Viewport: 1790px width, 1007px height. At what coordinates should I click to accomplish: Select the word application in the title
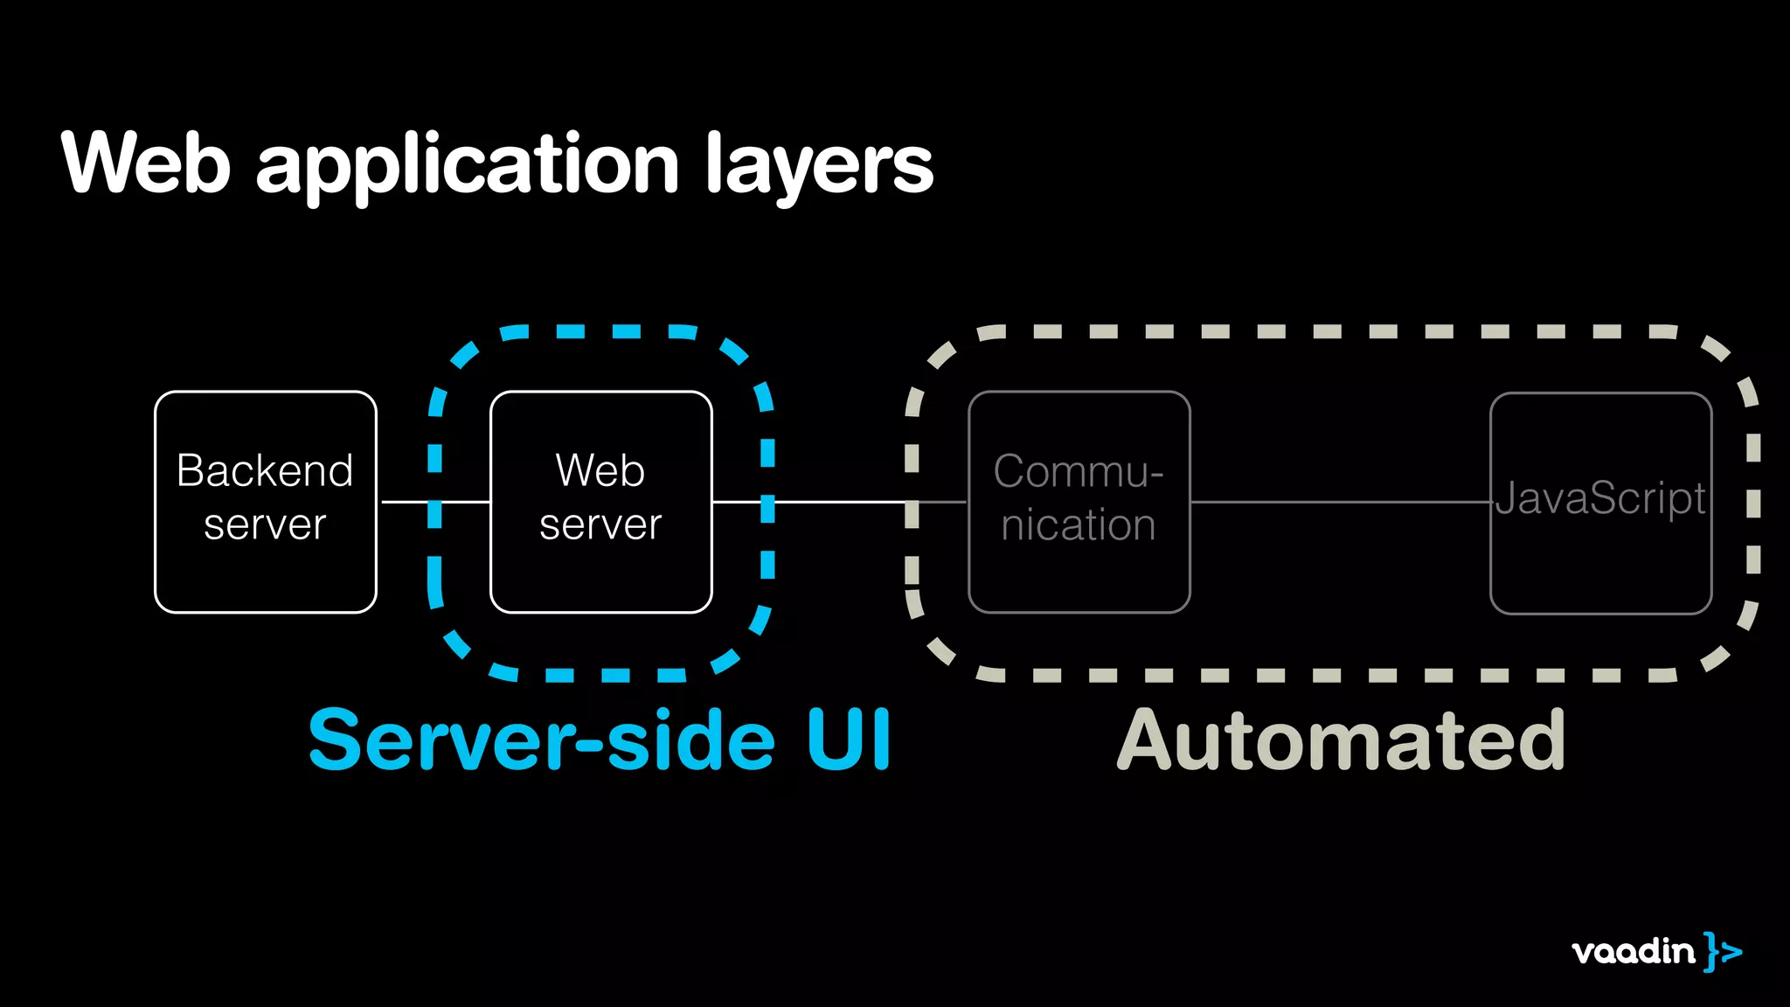tap(468, 166)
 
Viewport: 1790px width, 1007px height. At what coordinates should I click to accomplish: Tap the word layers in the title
tap(819, 166)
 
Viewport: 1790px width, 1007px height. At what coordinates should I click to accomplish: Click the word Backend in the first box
tap(265, 471)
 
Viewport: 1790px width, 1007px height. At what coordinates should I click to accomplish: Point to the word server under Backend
tap(265, 525)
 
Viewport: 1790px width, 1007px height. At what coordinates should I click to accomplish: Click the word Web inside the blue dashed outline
tap(600, 471)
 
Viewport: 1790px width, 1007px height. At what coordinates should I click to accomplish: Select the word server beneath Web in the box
tap(600, 525)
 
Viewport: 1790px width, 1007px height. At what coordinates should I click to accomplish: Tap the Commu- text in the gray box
tap(1078, 472)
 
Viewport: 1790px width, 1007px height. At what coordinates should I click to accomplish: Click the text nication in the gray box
tap(1078, 525)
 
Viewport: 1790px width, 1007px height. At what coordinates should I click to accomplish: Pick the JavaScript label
tap(1599, 498)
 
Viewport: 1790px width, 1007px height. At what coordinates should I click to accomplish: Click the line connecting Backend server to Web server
tap(411, 502)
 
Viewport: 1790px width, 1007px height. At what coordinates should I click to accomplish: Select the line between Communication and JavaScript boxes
tap(1339, 502)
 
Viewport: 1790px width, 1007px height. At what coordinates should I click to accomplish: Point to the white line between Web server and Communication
tap(839, 502)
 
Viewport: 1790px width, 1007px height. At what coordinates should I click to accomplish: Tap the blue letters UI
tap(848, 740)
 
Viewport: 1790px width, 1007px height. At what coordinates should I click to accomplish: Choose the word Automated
tap(1342, 741)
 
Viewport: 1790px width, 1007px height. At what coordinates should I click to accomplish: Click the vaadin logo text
tap(1633, 951)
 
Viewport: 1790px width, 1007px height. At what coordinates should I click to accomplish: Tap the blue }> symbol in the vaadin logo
tap(1723, 951)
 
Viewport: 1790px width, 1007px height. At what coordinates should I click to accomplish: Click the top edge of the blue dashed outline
tap(628, 331)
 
